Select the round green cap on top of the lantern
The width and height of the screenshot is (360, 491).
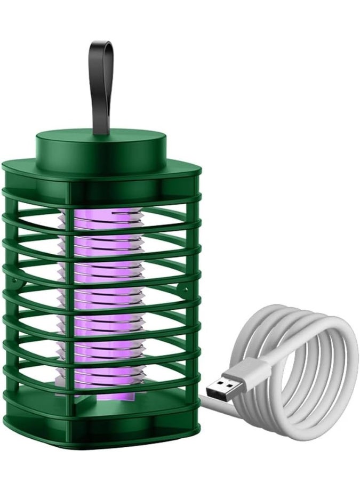[101, 147]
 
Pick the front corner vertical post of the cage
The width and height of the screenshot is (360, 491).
[69, 309]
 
